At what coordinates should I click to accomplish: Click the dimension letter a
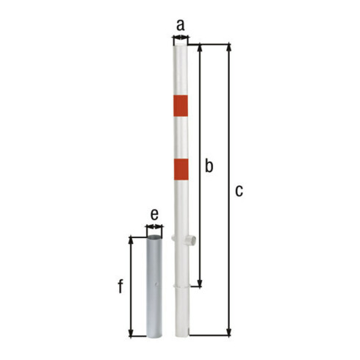(181, 26)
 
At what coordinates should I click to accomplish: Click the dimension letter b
(209, 165)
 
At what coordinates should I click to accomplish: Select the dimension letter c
(239, 191)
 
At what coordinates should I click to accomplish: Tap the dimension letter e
(154, 215)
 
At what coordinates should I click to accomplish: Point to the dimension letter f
(120, 287)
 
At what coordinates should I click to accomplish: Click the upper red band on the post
(181, 106)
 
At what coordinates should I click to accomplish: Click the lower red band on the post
(181, 169)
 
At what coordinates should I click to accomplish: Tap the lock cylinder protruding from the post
(191, 240)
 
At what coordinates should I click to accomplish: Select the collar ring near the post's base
(181, 286)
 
